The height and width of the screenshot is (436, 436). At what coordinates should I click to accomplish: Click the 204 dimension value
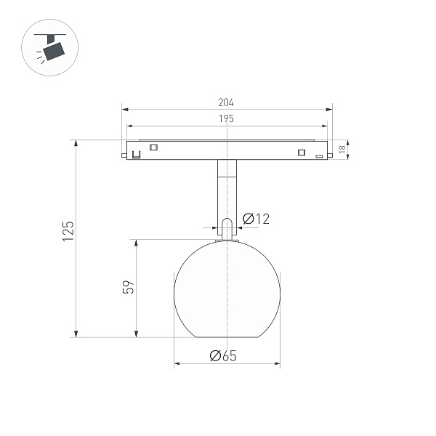(227, 103)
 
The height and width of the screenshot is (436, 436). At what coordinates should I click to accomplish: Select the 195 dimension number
(227, 118)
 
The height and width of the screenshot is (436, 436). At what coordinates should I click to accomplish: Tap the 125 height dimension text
(68, 231)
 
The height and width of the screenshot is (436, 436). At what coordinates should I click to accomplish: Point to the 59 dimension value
(128, 288)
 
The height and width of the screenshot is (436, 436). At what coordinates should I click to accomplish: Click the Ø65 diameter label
(223, 355)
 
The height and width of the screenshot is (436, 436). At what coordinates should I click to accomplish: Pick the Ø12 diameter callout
(257, 218)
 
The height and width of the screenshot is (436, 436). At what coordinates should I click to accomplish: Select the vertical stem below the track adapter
(227, 189)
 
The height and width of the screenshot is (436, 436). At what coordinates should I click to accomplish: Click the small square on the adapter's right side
(300, 152)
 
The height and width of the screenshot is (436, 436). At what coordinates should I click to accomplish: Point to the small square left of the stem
(153, 148)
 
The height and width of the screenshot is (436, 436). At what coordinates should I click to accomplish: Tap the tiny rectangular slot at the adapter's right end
(318, 156)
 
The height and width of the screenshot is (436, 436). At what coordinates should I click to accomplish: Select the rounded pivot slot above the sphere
(227, 228)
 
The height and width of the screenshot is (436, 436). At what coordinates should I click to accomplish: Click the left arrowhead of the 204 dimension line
(124, 110)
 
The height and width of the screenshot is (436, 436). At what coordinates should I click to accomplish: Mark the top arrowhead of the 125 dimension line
(76, 143)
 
